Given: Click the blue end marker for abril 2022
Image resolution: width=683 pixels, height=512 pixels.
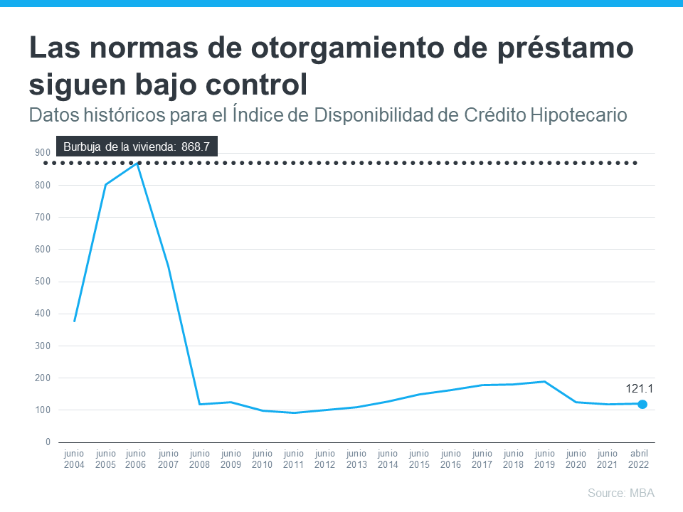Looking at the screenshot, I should [642, 404].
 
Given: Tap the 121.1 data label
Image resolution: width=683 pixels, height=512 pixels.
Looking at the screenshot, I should [640, 388].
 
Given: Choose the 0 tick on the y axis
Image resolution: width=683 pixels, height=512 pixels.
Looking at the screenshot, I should [48, 442].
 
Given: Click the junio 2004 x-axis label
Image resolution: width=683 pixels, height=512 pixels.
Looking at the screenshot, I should [74, 459].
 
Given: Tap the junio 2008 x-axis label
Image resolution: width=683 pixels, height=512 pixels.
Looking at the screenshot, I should [200, 459].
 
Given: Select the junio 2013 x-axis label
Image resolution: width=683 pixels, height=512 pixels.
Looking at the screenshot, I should [356, 459].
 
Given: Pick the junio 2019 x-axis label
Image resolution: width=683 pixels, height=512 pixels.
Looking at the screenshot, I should [544, 459].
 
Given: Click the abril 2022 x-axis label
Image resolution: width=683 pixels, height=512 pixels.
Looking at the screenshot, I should [638, 459].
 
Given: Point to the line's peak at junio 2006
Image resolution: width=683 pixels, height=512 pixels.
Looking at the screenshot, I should [137, 163].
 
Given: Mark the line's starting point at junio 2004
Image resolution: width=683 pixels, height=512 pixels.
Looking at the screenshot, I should [75, 321].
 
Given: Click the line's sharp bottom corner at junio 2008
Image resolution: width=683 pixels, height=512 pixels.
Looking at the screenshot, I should [200, 404].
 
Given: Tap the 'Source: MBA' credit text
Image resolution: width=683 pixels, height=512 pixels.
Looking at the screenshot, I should [620, 493].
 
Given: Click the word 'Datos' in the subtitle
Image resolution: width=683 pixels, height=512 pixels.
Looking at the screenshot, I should [52, 114].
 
